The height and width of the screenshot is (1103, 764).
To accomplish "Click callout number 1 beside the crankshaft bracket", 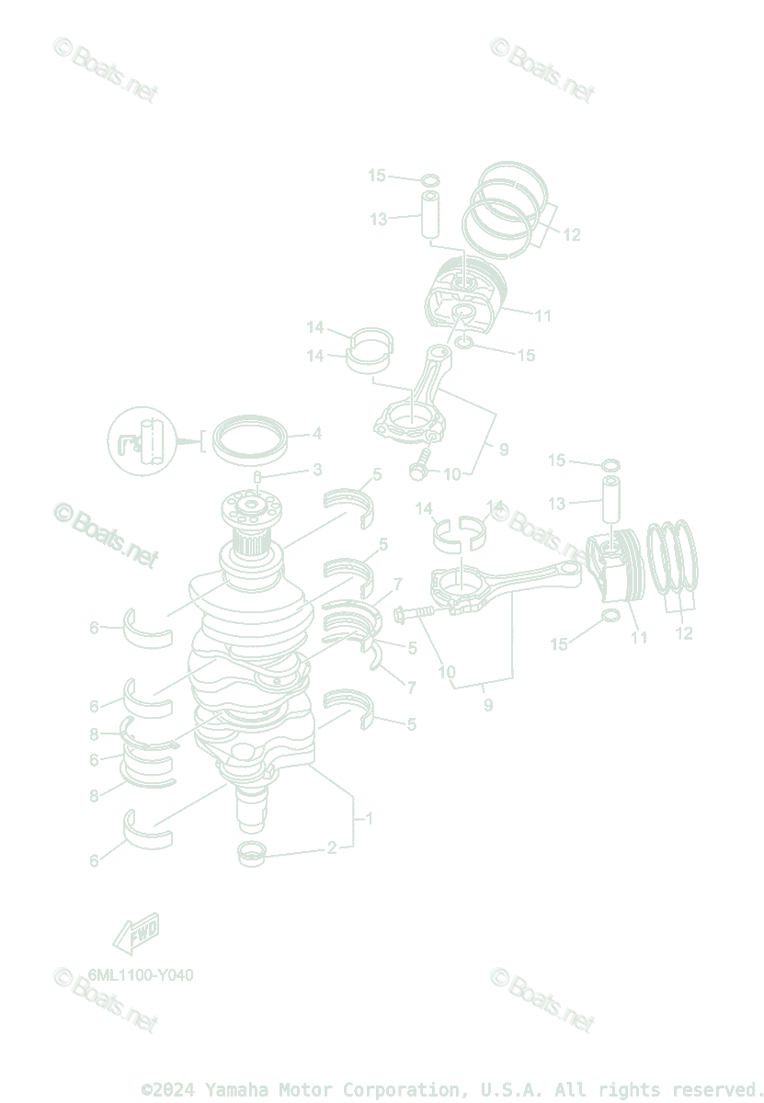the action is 369,818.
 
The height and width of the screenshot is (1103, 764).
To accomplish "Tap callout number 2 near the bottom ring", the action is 332,847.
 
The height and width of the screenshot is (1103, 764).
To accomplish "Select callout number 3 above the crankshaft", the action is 317,470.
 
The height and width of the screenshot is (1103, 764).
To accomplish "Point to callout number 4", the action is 316,433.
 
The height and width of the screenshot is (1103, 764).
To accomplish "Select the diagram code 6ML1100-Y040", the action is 141,975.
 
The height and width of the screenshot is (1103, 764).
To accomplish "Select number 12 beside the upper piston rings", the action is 572,235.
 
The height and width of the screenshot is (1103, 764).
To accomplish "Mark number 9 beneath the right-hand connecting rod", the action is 487,705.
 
